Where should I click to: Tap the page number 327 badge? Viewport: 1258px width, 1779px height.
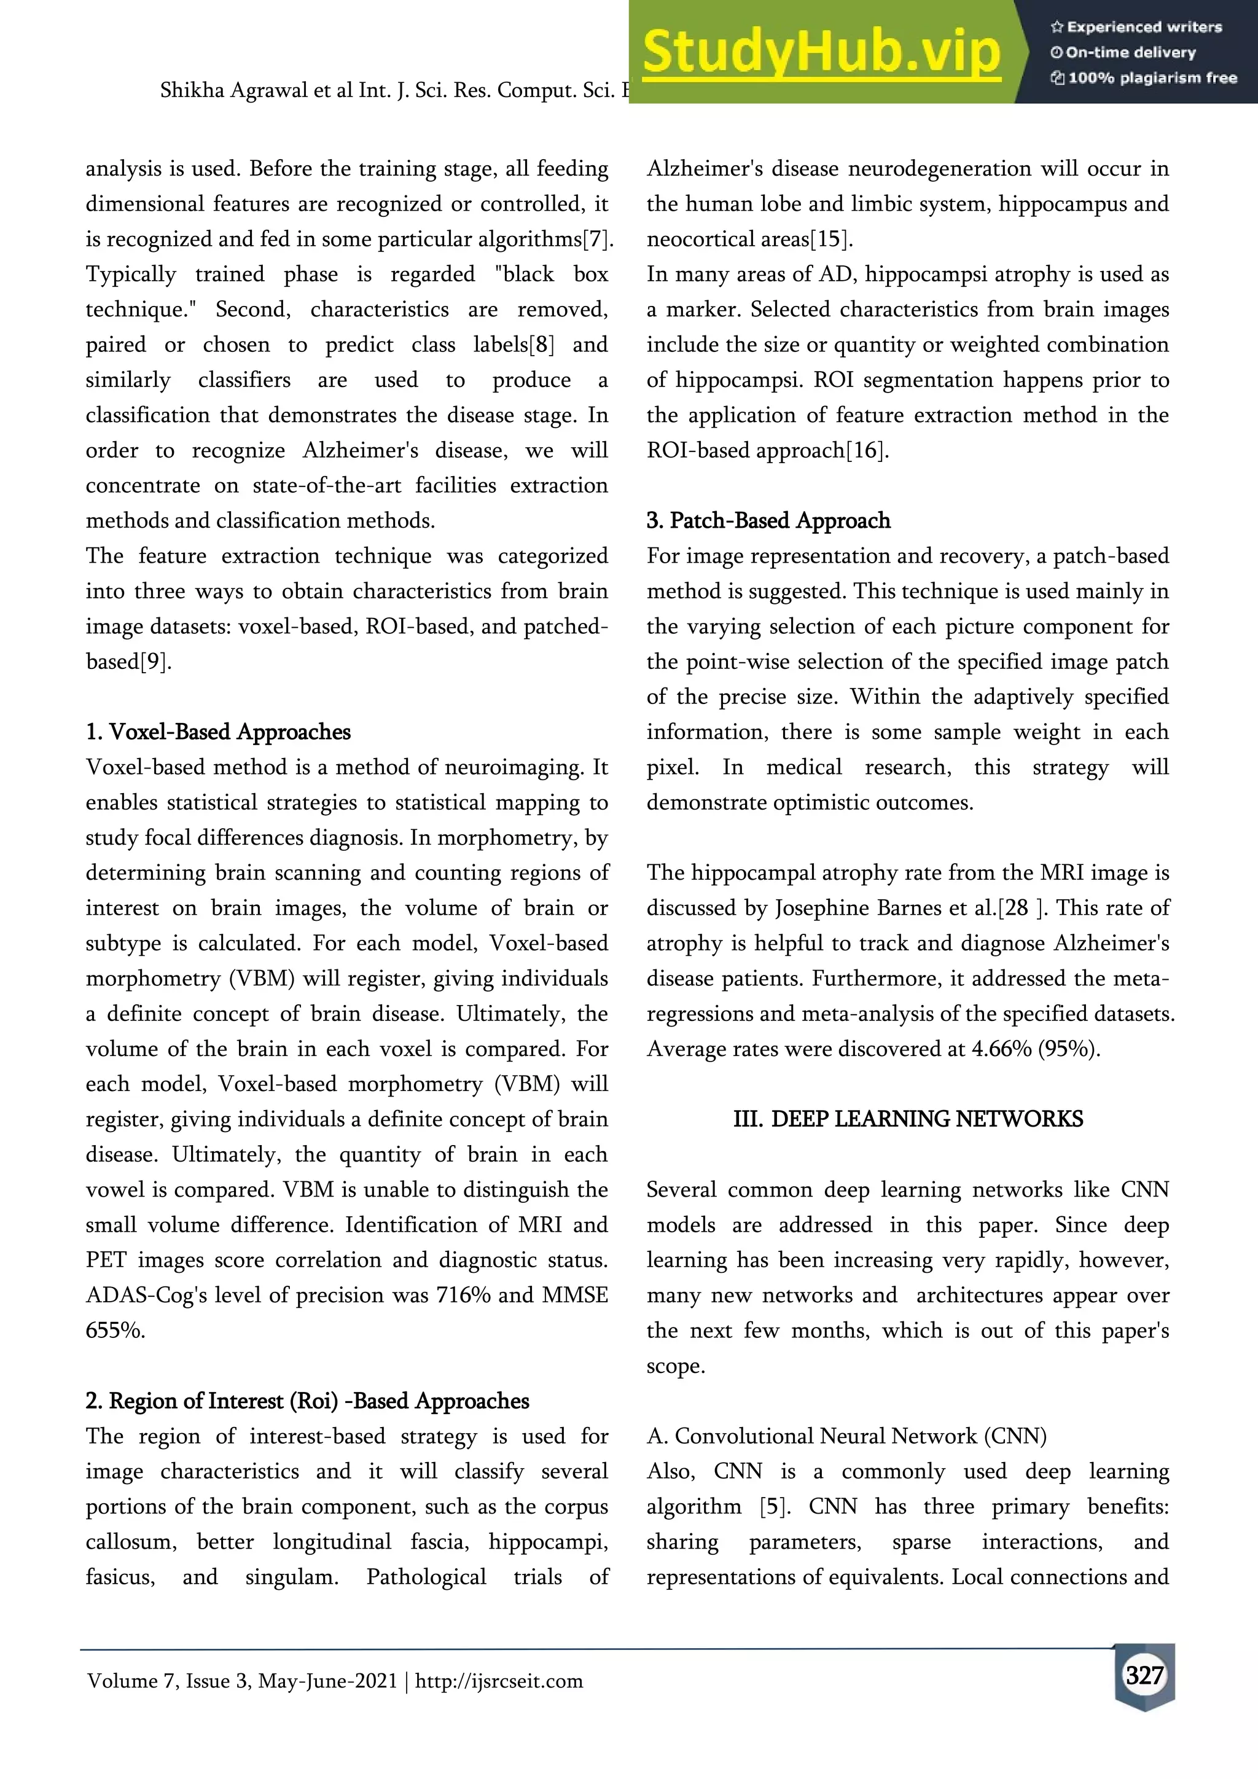(1144, 1675)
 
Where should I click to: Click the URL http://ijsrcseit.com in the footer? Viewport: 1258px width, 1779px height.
(499, 1681)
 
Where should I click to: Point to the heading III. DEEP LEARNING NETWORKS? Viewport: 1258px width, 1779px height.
(908, 1119)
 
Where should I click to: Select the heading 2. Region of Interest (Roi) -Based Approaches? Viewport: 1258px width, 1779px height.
(308, 1400)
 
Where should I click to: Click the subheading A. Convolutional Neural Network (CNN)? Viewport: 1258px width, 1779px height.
(846, 1436)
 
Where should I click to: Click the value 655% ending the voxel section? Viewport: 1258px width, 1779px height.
(115, 1331)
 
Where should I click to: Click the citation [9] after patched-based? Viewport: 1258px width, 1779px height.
(155, 661)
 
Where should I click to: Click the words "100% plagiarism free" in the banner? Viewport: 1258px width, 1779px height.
(1152, 77)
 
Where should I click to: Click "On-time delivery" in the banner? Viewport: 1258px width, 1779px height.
(1130, 53)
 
